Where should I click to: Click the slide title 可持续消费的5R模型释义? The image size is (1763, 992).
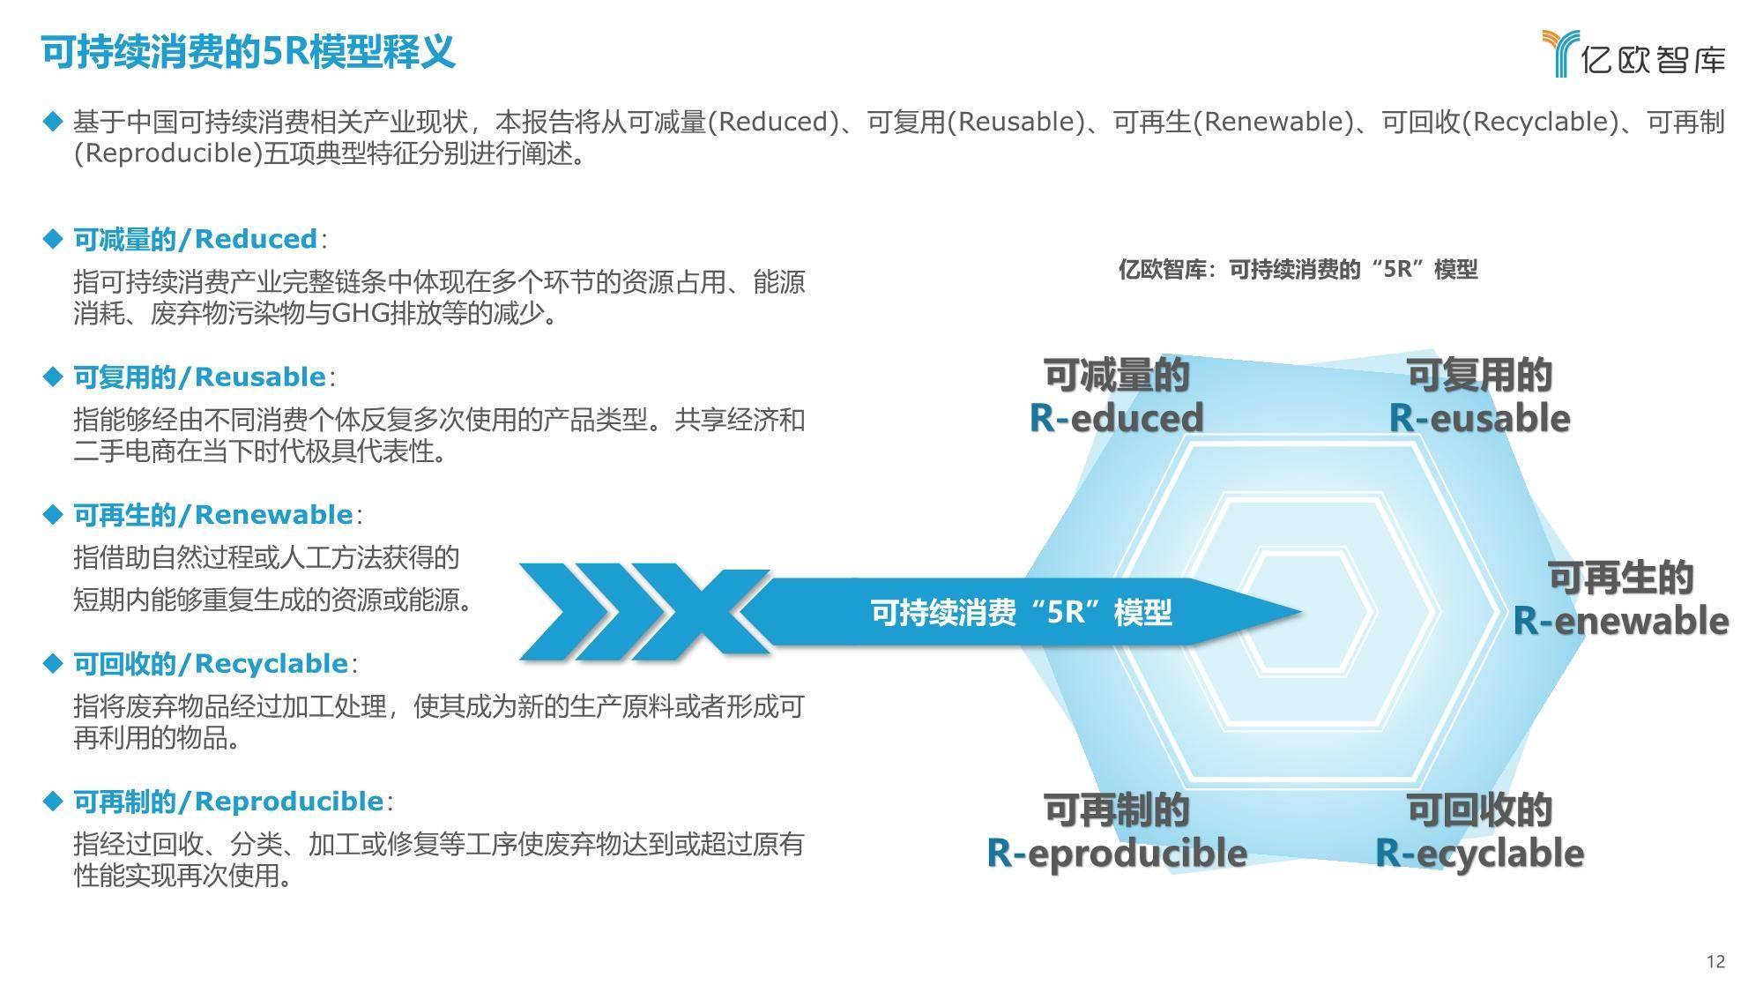(x=249, y=52)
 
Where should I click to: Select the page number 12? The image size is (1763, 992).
(x=1715, y=961)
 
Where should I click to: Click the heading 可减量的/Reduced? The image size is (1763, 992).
(x=195, y=239)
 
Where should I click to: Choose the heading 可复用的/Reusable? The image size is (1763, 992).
(x=199, y=377)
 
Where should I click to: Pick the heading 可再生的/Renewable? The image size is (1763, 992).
(x=212, y=515)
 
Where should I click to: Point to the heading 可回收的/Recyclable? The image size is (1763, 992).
(x=210, y=664)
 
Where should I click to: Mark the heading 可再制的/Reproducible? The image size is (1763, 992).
(x=227, y=802)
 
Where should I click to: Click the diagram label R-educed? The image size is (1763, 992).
(x=1116, y=418)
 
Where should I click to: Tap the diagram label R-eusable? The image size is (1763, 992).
(x=1479, y=418)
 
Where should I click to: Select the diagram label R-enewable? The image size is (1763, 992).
(x=1620, y=621)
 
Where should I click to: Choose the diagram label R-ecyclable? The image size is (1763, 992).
(x=1479, y=853)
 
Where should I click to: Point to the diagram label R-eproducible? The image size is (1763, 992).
(x=1116, y=853)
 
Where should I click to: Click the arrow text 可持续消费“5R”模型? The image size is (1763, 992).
(x=1021, y=612)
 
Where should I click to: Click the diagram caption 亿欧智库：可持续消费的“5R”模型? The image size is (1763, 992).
(x=1298, y=269)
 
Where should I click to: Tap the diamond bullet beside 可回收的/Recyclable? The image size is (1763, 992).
(x=54, y=663)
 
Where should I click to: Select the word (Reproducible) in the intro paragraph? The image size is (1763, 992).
(x=167, y=153)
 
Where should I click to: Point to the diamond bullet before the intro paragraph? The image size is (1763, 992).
(x=54, y=121)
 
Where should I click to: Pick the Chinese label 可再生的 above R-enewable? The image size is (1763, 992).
(x=1620, y=578)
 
